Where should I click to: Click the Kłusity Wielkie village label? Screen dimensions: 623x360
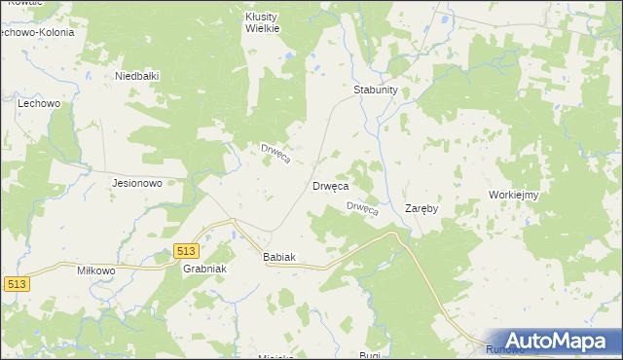click(x=262, y=22)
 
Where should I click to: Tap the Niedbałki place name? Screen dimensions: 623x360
click(x=136, y=76)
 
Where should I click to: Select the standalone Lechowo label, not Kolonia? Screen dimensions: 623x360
click(x=40, y=102)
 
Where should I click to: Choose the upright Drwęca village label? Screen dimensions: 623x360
click(x=330, y=185)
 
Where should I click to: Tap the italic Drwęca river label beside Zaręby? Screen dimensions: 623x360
click(x=362, y=209)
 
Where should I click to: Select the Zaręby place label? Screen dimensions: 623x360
click(x=421, y=208)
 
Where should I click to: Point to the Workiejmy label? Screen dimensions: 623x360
click(x=515, y=195)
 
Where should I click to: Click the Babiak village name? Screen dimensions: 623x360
click(x=279, y=257)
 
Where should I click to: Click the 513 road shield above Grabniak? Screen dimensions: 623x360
click(x=190, y=251)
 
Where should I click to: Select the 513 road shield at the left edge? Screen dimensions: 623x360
click(x=15, y=284)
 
